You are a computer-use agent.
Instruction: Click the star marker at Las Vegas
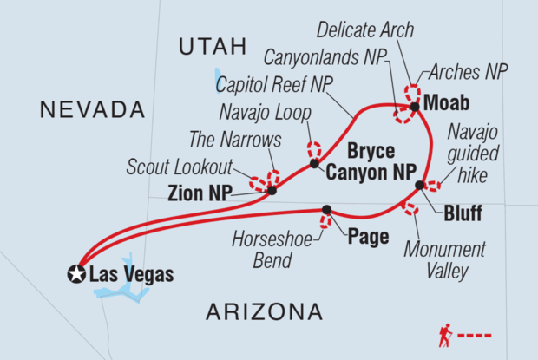pyautogui.click(x=77, y=275)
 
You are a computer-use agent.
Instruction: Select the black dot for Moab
pyautogui.click(x=415, y=107)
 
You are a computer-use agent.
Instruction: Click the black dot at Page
pyautogui.click(x=327, y=209)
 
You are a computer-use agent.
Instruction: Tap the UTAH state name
pyautogui.click(x=213, y=48)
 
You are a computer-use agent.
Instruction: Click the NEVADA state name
pyautogui.click(x=91, y=109)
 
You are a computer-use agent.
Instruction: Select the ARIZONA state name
pyautogui.click(x=266, y=311)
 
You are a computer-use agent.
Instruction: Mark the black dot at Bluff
pyautogui.click(x=420, y=185)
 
